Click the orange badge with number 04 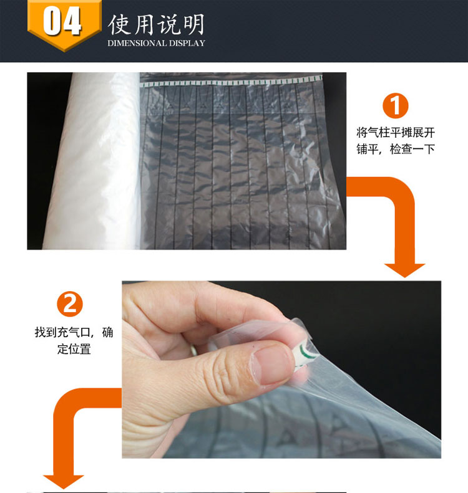coord(64,24)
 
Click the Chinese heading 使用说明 coord(156,24)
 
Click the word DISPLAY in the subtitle coord(187,43)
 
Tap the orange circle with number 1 coord(395,106)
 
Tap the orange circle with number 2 coord(70,304)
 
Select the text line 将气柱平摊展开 coord(396,133)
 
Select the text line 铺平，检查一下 coord(396,149)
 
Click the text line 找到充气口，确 coord(74,332)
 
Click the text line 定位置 coord(74,348)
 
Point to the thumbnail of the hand coord(272,366)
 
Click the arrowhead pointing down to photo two coord(404,270)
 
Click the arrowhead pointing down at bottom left coord(63,482)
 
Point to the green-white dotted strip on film coord(232,82)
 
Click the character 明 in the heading coord(194,24)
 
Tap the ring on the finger coord(193,350)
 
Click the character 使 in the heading coord(119,24)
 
